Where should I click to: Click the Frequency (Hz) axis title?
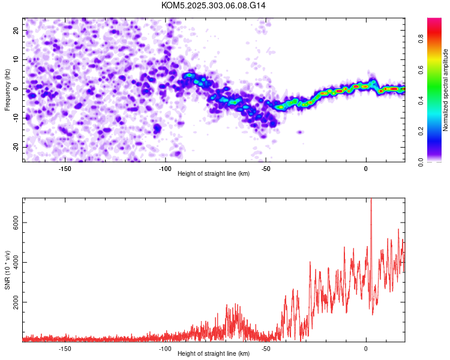[7, 89]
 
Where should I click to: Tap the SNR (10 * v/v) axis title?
[7, 269]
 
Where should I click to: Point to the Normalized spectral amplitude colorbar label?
[445, 90]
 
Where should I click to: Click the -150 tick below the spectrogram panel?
[65, 168]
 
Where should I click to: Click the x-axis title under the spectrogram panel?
[214, 174]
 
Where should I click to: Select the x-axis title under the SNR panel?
[214, 354]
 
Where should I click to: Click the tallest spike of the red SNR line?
[371, 200]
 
